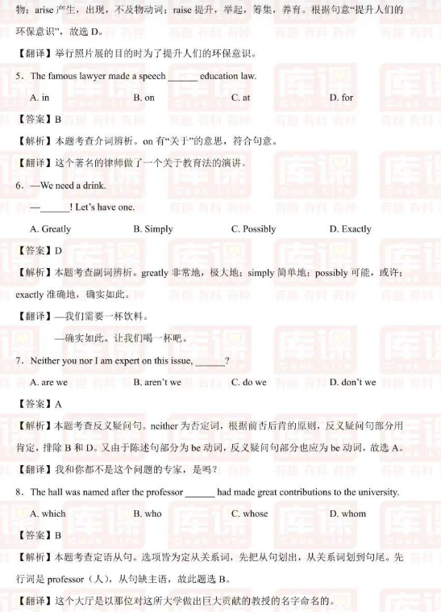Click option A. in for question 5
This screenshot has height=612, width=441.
tap(40, 98)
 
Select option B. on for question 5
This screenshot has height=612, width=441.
tap(144, 98)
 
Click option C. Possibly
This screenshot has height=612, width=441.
tap(253, 229)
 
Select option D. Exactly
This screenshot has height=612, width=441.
tap(350, 229)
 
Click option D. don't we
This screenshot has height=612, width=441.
tap(352, 382)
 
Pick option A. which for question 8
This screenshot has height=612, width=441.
tap(48, 513)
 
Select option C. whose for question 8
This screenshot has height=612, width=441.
tap(249, 513)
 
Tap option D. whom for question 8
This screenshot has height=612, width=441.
tap(347, 513)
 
